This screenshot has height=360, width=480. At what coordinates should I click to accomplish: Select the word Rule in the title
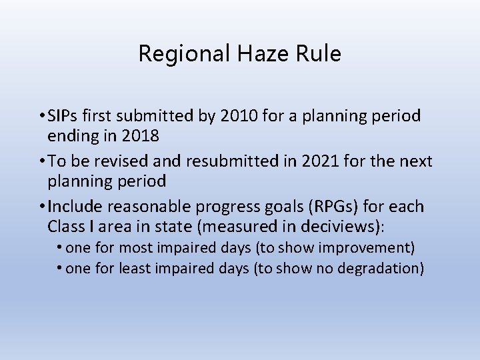tap(319, 53)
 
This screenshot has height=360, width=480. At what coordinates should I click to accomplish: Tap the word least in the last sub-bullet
tap(136, 269)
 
